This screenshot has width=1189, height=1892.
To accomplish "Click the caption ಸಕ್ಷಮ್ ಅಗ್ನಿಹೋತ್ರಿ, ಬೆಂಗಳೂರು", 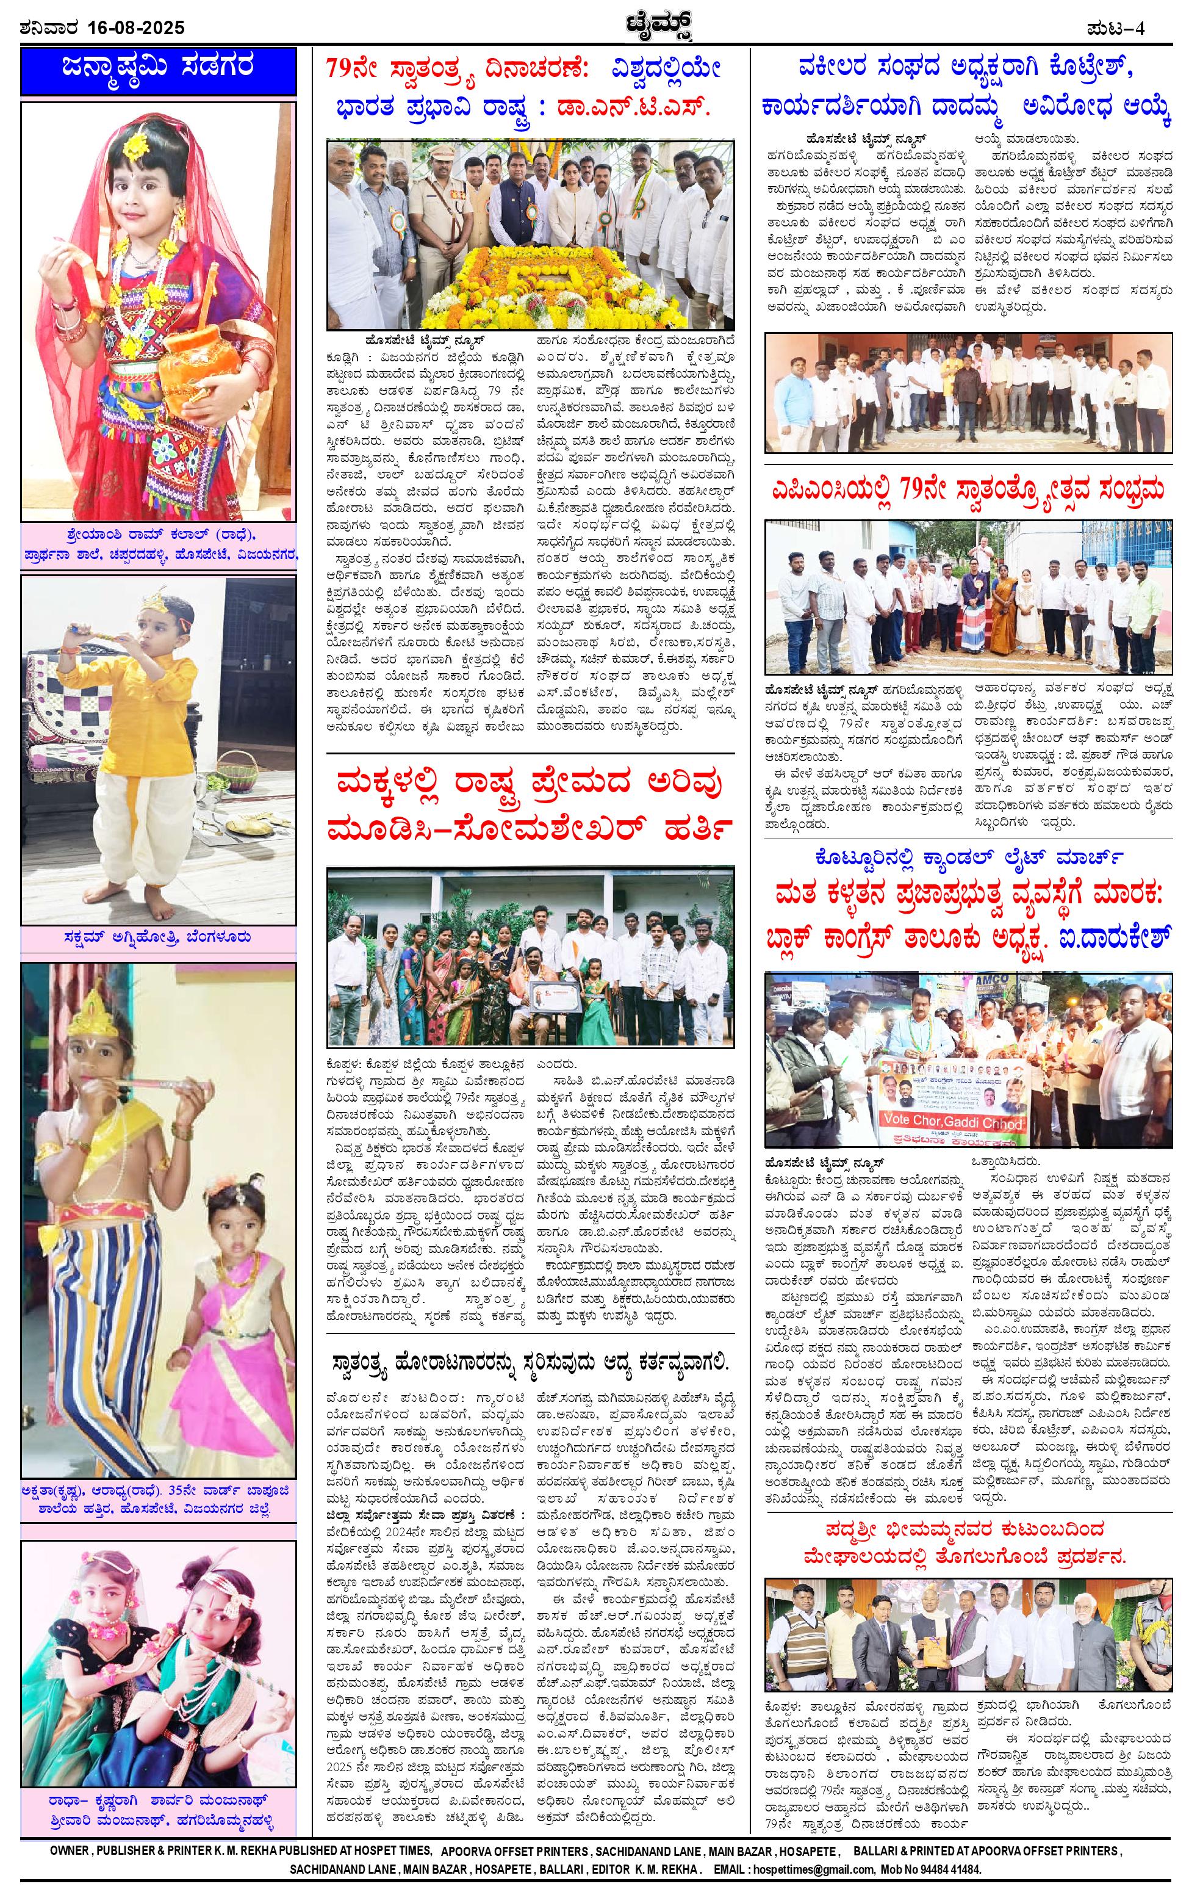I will (159, 937).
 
